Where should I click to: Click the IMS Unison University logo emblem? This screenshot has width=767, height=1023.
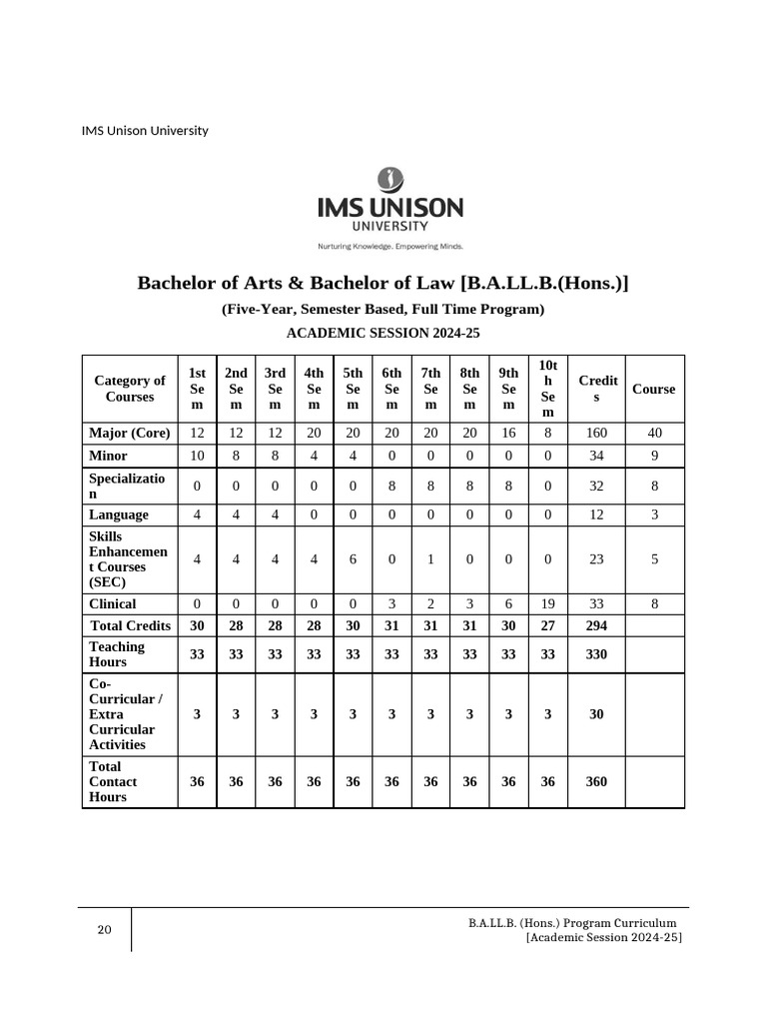coord(389,181)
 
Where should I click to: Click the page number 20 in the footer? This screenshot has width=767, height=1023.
coord(104,930)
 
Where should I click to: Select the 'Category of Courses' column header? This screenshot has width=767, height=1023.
coord(130,389)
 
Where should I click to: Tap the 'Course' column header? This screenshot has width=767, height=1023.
coord(653,389)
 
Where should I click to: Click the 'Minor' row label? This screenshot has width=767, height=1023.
coord(108,455)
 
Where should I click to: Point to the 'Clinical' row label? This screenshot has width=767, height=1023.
coord(113,603)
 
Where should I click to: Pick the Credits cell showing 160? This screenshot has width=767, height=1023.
coord(596,434)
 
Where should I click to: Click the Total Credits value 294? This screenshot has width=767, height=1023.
coord(596,625)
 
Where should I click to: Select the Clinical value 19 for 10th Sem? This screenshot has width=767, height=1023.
coord(547,603)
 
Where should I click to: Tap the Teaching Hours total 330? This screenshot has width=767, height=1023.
coord(596,654)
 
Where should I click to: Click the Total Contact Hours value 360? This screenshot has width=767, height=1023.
coord(596,781)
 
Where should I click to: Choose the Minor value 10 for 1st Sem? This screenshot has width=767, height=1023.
coord(197,455)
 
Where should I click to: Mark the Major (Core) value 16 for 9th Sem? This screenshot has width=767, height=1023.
coord(508,434)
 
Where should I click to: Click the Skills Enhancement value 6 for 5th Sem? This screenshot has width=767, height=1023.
coord(353,559)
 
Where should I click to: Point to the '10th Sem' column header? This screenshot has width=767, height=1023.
coord(547,389)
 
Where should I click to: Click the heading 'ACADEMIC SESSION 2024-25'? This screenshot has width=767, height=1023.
coord(383,334)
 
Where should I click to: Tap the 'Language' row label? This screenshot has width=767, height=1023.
coord(119,514)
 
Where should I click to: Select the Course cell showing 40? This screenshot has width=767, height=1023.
coord(654,434)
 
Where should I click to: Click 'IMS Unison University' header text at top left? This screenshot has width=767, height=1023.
coord(145,131)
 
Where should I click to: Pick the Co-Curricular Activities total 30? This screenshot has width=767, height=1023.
coord(596,714)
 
